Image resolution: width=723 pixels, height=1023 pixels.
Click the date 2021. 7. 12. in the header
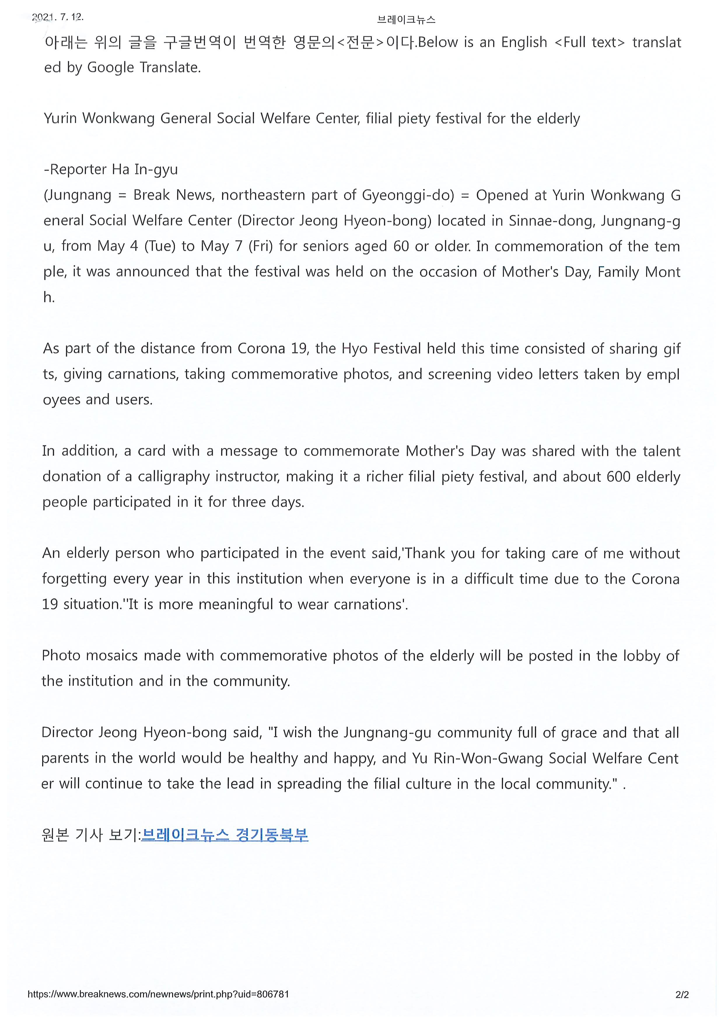coord(58,17)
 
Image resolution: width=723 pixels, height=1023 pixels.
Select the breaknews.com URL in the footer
coord(158,994)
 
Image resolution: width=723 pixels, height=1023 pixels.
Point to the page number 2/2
coord(682,994)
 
